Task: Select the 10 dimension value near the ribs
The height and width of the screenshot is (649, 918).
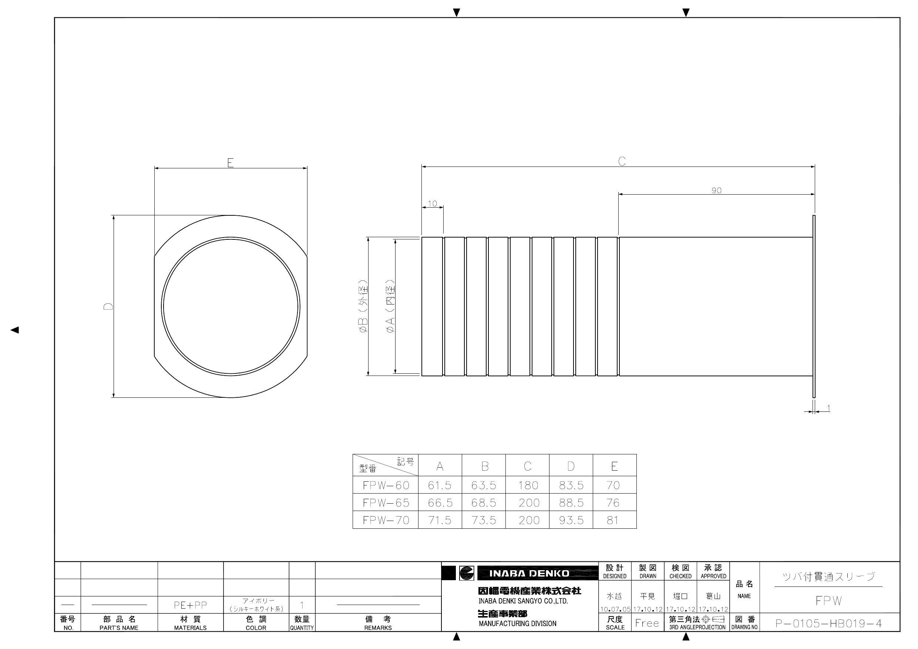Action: [x=432, y=204]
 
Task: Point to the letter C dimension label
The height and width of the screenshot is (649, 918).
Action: [x=622, y=161]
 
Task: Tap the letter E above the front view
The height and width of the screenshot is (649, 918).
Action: [x=230, y=163]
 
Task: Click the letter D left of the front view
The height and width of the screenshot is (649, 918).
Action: [x=108, y=306]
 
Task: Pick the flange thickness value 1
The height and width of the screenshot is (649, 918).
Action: [x=828, y=408]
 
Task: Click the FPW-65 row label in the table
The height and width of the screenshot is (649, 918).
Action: [x=386, y=502]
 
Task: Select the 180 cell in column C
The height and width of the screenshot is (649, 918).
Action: [x=528, y=485]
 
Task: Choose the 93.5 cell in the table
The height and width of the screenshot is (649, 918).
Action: [x=571, y=520]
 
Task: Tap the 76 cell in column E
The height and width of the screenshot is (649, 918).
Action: [x=613, y=502]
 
